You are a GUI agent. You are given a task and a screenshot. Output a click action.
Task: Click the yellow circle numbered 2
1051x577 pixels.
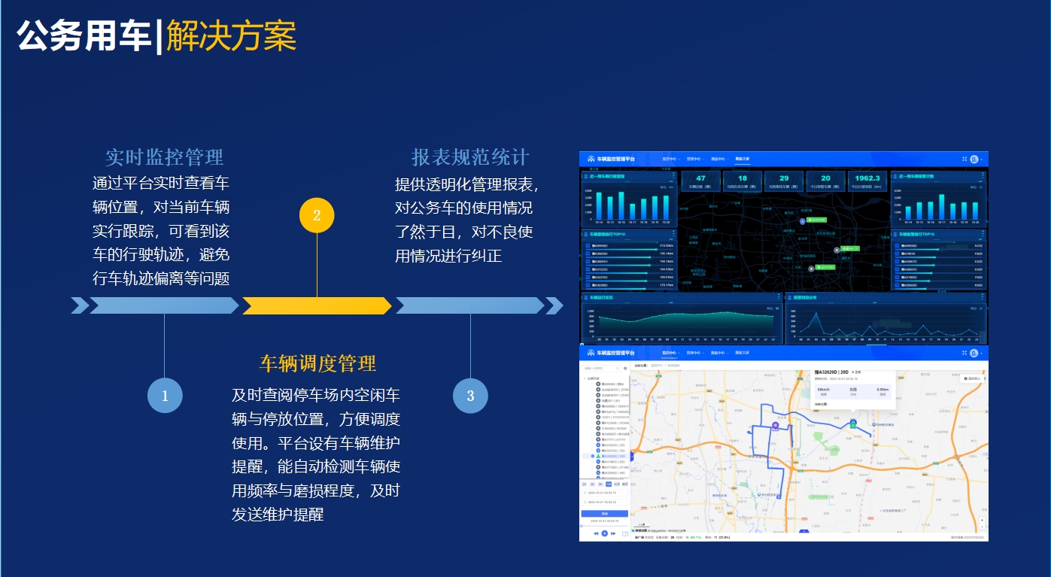coord(317,216)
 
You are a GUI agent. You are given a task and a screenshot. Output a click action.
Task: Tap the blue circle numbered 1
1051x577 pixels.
coord(165,396)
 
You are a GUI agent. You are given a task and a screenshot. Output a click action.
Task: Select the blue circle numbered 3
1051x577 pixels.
coord(470,396)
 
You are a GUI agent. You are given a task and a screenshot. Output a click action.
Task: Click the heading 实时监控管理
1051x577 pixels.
coord(164,158)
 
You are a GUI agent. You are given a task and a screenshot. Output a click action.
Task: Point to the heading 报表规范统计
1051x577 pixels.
coord(470,158)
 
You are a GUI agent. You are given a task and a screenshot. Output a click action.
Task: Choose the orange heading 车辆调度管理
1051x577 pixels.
coord(317,364)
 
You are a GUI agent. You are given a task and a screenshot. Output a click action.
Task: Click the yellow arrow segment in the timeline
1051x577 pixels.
coord(316,305)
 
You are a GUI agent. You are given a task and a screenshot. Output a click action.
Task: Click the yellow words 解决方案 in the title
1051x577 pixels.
coord(231,36)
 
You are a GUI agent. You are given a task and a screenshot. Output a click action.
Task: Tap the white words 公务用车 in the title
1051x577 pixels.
coord(84,36)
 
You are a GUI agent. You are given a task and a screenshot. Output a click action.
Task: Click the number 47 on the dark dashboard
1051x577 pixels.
coord(700,178)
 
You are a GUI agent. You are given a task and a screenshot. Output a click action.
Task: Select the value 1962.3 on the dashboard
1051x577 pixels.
coord(867,178)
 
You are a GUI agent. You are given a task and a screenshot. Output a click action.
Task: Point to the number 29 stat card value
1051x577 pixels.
coord(783,178)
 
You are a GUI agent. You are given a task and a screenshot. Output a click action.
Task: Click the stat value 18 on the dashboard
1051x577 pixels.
coord(742,178)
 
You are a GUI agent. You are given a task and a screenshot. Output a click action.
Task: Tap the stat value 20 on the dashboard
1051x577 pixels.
coord(825,178)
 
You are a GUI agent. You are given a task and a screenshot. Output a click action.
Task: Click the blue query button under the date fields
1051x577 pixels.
coord(604,514)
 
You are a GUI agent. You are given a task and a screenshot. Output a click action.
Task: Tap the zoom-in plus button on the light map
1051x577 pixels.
coord(982,520)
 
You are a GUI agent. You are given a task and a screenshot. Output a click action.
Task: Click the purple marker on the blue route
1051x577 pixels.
coord(775,426)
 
